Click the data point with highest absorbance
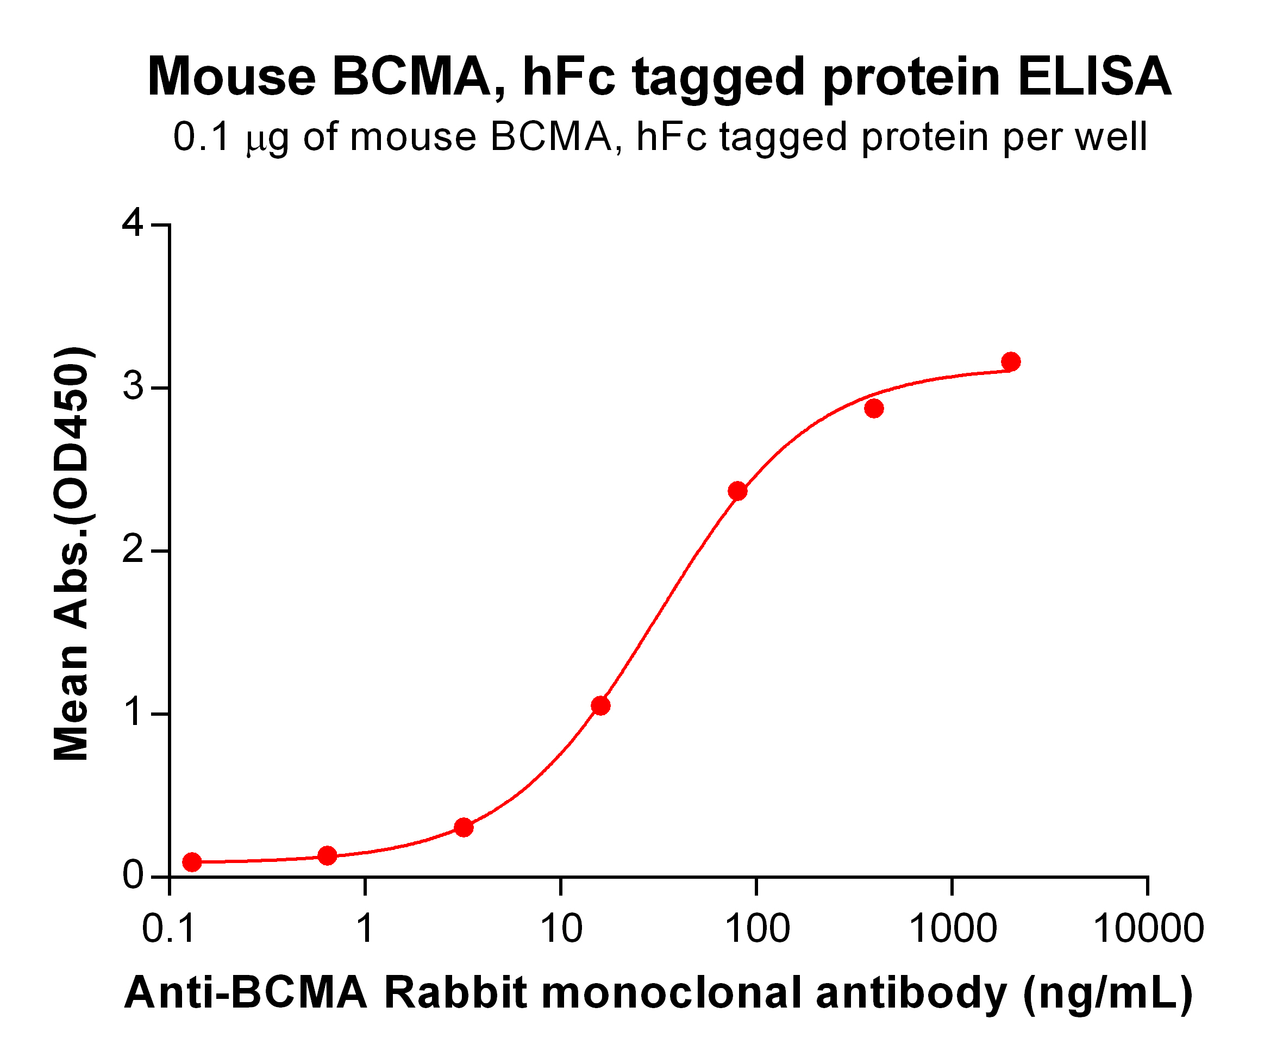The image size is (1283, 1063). click(1011, 361)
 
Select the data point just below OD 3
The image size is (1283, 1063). click(874, 408)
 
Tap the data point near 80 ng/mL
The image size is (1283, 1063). click(737, 491)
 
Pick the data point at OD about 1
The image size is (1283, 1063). click(600, 705)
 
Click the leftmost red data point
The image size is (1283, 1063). click(192, 862)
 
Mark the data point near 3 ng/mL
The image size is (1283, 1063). click(464, 828)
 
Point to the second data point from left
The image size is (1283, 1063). click(328, 856)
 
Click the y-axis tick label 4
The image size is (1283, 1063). click(133, 223)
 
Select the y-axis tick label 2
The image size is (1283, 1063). click(133, 551)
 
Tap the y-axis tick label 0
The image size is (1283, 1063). click(133, 876)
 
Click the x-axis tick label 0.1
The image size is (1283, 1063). click(168, 929)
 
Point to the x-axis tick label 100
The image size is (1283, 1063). click(757, 929)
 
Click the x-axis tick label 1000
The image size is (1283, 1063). click(953, 929)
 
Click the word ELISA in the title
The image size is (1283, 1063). click(1093, 78)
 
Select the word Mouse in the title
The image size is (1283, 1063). click(231, 78)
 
